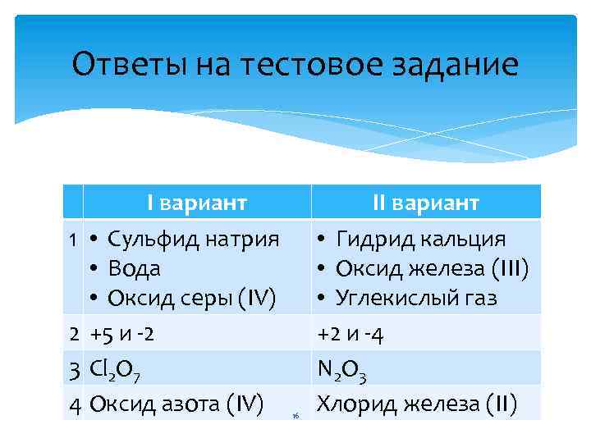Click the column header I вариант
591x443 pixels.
pos(197,203)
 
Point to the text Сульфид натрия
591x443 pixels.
pos(194,239)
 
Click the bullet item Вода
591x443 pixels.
pos(135,268)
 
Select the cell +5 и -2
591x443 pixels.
pos(121,334)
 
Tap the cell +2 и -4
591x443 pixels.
pos(350,334)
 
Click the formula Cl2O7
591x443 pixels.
pos(116,370)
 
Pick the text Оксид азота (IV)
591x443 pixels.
pos(176,403)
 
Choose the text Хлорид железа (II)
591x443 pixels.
pos(417,404)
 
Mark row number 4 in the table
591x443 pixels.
pos(74,403)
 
